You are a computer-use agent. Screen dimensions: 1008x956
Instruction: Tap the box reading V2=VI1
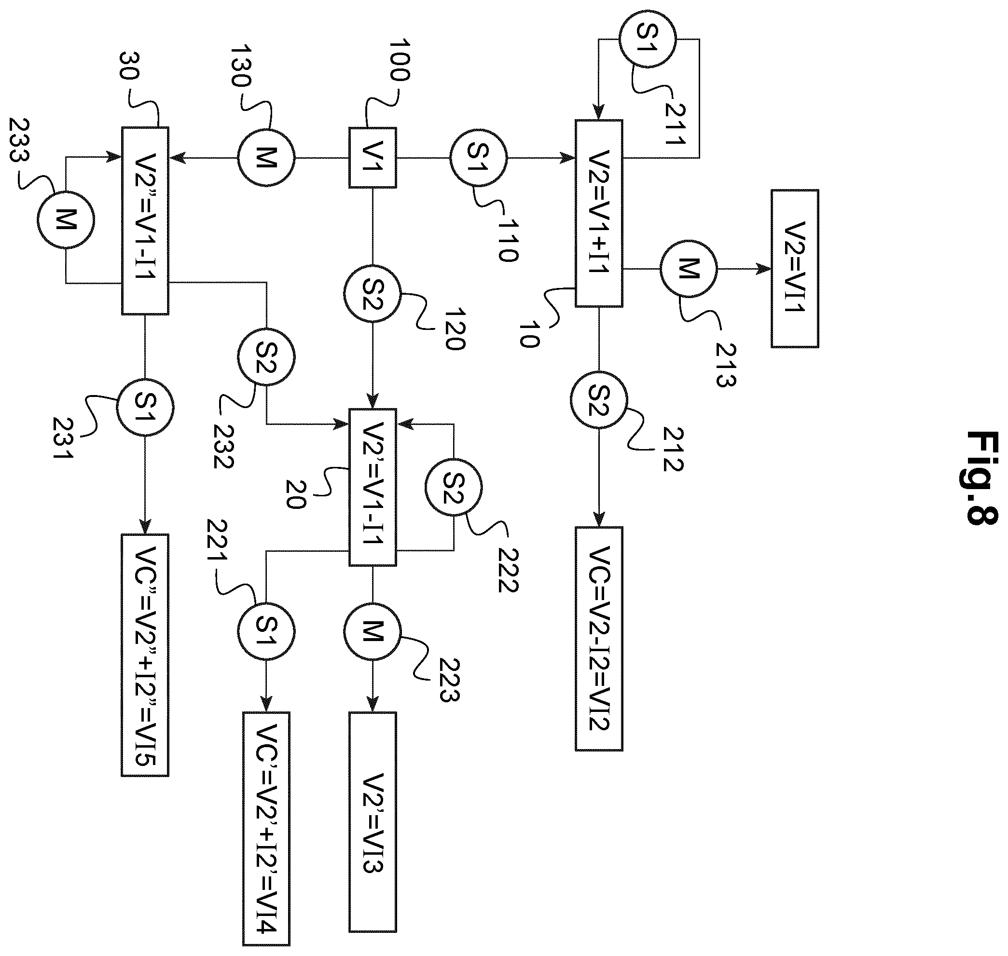[794, 269]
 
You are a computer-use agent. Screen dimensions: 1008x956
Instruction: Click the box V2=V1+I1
[599, 213]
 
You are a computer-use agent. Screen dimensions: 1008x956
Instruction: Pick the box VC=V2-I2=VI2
[599, 639]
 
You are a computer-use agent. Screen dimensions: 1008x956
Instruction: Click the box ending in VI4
[266, 829]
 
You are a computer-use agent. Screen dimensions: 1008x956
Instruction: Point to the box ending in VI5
[145, 655]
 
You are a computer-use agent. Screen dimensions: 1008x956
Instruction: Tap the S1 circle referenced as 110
[478, 158]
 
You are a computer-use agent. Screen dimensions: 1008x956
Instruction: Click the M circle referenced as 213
[688, 269]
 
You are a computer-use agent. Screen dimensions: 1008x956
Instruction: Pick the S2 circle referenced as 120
[372, 294]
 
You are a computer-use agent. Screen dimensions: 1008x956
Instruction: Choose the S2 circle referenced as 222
[453, 487]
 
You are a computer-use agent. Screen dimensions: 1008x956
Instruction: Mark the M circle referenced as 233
[65, 219]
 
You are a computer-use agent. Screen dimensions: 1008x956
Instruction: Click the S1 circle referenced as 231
[145, 408]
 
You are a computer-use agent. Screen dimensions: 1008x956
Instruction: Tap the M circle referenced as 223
[372, 631]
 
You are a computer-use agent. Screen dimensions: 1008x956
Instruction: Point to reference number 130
[241, 66]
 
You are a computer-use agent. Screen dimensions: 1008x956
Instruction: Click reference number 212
[673, 449]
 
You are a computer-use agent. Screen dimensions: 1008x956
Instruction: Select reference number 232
[223, 446]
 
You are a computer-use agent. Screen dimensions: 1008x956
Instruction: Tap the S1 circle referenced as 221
[266, 631]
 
